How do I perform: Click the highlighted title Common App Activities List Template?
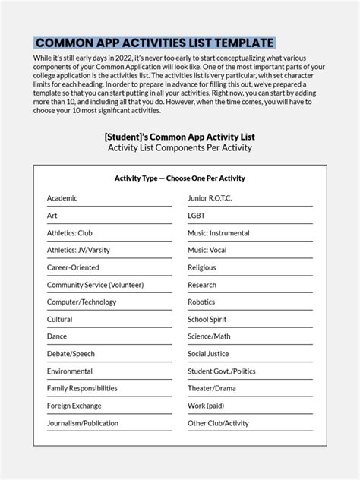154,43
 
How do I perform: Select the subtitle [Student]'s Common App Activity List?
179,136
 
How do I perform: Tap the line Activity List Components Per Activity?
179,147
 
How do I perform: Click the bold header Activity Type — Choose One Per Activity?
179,178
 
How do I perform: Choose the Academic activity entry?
62,198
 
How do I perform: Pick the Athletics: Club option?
69,233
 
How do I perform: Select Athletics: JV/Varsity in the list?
78,250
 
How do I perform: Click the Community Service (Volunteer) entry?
95,285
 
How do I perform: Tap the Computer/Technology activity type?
81,302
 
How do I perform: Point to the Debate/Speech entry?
71,354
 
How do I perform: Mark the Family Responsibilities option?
82,388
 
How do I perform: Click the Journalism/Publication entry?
83,423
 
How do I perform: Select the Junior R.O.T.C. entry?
210,198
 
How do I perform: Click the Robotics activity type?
202,302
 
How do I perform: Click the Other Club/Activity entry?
218,423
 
